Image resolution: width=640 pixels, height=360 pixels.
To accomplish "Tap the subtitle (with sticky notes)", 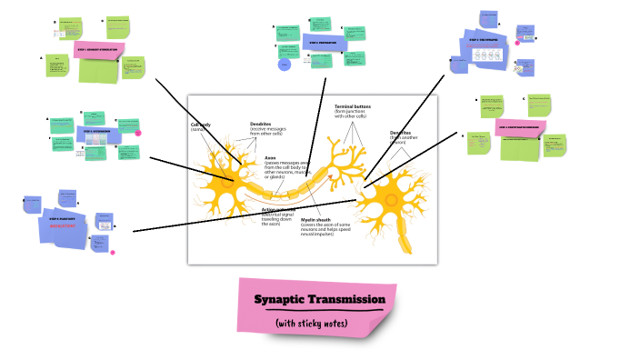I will click(x=313, y=322).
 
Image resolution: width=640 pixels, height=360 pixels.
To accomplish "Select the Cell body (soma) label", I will click(x=200, y=126).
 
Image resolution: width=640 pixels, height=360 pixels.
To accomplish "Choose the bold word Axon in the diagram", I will click(x=270, y=157).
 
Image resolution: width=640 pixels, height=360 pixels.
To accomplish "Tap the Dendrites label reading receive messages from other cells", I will click(x=268, y=129).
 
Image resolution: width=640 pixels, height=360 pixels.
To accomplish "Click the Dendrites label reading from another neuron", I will click(x=401, y=138).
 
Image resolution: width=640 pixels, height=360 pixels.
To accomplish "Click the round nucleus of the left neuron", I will click(x=222, y=171).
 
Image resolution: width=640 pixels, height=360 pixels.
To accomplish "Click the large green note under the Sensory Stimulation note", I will click(x=98, y=71).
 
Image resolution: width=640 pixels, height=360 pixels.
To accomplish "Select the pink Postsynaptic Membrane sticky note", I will click(x=521, y=128).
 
